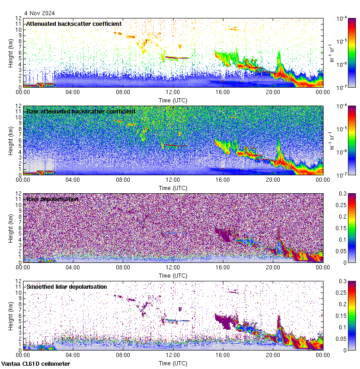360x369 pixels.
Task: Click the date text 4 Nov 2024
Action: tap(40, 13)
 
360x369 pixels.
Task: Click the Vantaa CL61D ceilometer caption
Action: tap(36, 364)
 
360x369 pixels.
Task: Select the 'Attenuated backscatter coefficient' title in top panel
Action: tap(74, 24)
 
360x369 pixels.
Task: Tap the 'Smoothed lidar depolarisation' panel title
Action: tap(66, 287)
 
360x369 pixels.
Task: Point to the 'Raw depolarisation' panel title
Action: tap(52, 199)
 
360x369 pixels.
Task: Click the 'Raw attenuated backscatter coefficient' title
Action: tap(81, 112)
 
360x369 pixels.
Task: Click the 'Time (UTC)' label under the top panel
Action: tap(173, 100)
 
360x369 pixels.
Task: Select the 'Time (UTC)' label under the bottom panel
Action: tap(173, 363)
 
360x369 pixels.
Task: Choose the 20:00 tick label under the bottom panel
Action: tap(273, 355)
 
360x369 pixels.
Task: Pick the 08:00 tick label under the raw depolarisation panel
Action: tap(123, 267)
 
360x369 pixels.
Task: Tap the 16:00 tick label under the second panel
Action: tap(223, 179)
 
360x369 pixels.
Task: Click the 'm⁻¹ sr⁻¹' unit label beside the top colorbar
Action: tap(332, 53)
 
